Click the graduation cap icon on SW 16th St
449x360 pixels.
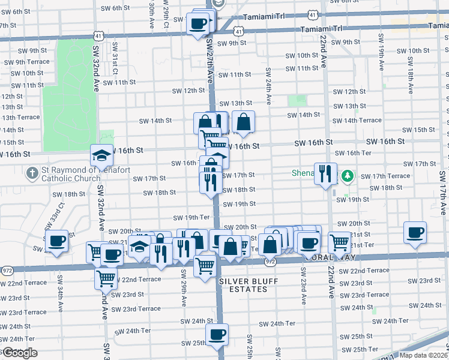coord(101,155)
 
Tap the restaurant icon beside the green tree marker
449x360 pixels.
coord(326,173)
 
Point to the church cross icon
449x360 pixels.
coord(33,173)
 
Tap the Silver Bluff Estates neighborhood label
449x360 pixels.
coord(243,285)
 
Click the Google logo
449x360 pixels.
coord(19,353)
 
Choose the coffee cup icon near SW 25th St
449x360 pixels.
coord(217,334)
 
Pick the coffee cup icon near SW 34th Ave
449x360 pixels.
coord(57,242)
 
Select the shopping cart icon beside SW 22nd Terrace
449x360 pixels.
coord(106,278)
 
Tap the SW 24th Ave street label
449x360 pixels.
coord(268,81)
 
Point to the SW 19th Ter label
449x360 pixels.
coord(191,217)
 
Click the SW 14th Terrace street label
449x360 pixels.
coord(357,121)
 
